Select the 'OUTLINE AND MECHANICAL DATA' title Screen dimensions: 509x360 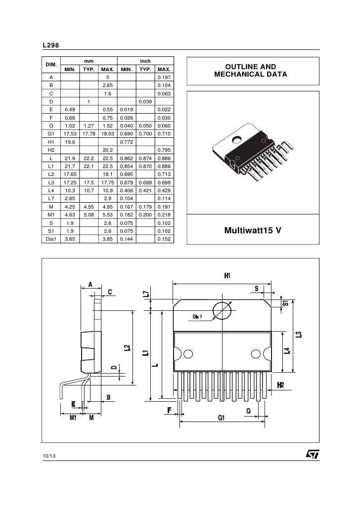(250, 71)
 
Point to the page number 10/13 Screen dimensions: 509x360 (49, 455)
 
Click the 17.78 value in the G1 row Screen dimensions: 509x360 (88, 133)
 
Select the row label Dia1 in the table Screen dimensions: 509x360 (50, 238)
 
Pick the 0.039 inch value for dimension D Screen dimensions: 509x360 (144, 102)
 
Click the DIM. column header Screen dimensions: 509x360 (50, 65)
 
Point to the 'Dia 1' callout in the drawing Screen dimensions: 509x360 (198, 316)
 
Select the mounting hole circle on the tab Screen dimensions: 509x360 (222, 310)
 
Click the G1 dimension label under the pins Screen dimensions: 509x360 (221, 418)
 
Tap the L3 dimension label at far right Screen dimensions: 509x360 (299, 334)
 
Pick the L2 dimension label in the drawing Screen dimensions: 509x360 (127, 348)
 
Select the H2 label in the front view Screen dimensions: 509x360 (280, 385)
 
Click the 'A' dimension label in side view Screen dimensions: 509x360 (90, 283)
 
